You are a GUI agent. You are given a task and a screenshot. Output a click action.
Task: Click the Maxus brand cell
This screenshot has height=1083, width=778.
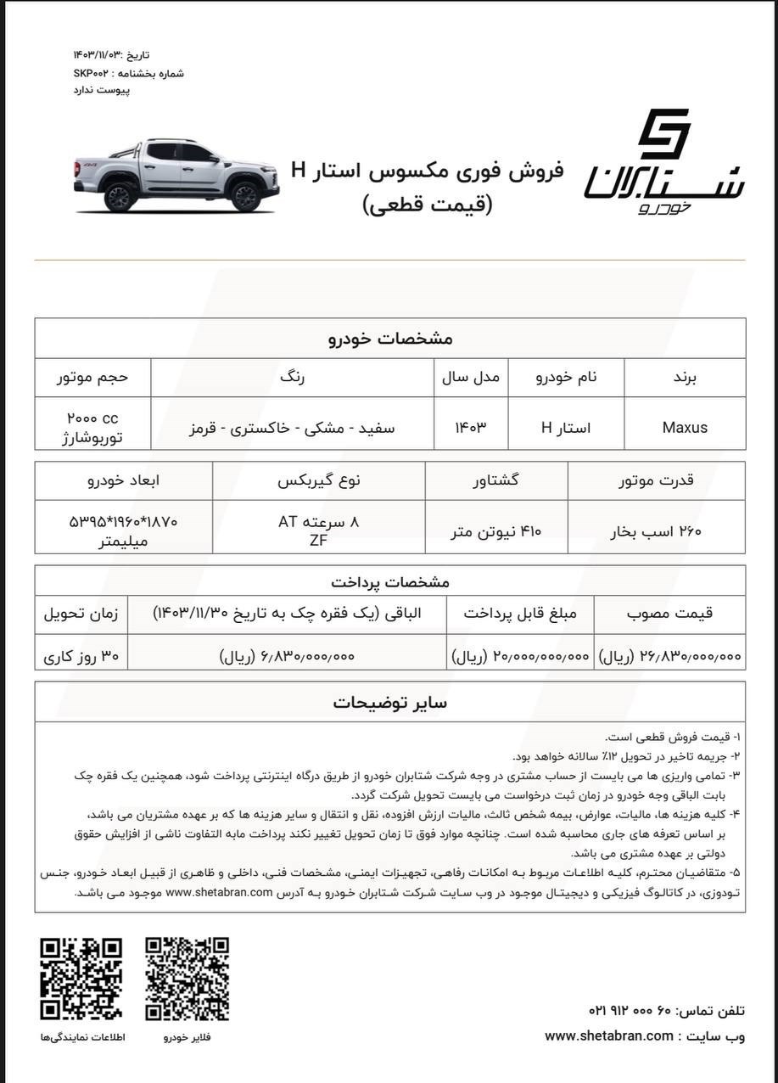click(x=684, y=428)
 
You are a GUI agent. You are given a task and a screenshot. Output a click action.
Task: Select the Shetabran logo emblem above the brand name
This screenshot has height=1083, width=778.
click(x=664, y=133)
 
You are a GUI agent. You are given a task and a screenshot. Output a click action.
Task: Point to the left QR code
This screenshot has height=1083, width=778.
click(x=81, y=979)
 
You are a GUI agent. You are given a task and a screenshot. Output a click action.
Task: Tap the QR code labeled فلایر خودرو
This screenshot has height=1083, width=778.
click(x=187, y=979)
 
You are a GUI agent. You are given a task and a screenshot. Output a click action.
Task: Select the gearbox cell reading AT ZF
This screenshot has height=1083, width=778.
click(x=319, y=530)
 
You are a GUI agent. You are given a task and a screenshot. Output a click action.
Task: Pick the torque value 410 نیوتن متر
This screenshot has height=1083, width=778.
click(x=495, y=531)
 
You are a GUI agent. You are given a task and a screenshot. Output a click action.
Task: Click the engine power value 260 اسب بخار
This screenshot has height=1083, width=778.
click(x=657, y=531)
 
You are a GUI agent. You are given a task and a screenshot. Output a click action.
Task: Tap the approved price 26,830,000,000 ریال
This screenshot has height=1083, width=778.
click(x=670, y=656)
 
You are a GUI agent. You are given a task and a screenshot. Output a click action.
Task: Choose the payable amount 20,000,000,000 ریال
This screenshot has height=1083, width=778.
click(x=520, y=656)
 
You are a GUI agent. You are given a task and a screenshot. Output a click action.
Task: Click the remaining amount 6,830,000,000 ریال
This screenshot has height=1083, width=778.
click(x=287, y=656)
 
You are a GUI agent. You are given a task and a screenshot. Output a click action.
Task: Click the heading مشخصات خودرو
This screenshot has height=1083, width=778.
click(x=390, y=339)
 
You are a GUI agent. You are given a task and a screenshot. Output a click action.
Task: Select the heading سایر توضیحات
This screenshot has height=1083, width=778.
click(x=389, y=703)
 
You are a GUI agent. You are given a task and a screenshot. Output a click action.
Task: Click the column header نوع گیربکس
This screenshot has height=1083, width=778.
click(x=319, y=480)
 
